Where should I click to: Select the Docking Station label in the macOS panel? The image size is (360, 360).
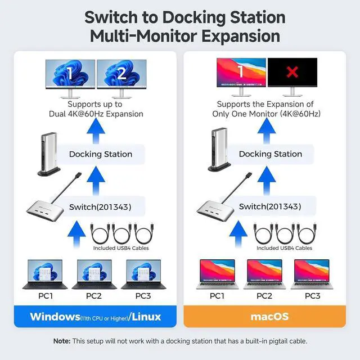(x=271, y=154)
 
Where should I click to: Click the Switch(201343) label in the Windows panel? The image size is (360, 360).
(x=100, y=207)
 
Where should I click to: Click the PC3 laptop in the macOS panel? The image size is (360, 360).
(x=312, y=274)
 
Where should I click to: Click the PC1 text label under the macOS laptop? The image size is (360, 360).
(x=217, y=296)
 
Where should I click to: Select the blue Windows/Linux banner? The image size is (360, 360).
(x=95, y=317)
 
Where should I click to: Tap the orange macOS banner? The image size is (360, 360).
(x=265, y=317)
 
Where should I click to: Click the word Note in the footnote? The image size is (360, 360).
(x=61, y=341)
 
